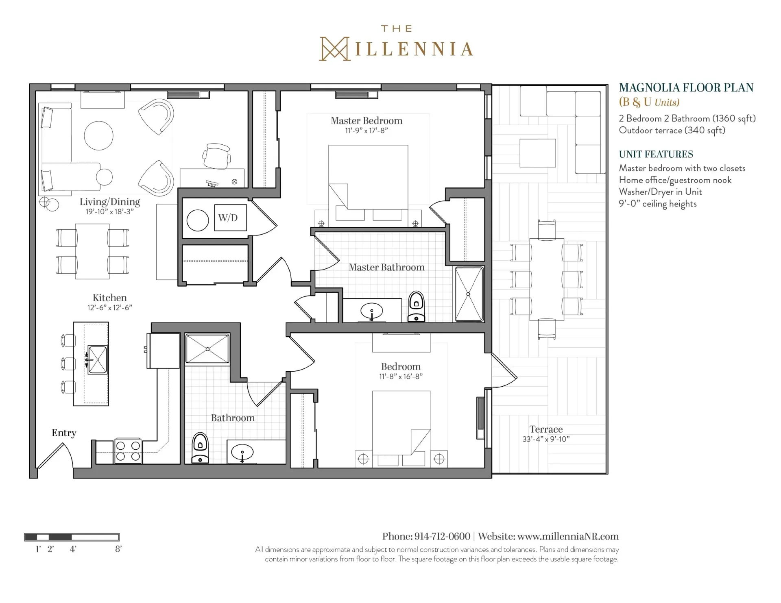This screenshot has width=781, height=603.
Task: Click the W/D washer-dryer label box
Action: (230, 218)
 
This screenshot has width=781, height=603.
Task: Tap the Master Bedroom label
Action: (367, 121)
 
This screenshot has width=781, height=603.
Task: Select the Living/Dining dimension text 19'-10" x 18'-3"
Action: (109, 212)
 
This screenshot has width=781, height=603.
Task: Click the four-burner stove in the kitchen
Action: (128, 451)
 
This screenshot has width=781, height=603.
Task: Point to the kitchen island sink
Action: (98, 360)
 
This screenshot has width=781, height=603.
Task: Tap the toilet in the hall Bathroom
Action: (200, 448)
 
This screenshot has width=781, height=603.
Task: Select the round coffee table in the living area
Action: (98, 135)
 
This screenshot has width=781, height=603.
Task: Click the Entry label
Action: (64, 433)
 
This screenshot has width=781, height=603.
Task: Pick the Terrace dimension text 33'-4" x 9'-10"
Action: (546, 439)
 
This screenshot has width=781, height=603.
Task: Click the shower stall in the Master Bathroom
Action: (469, 294)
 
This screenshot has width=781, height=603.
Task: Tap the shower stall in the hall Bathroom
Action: (207, 348)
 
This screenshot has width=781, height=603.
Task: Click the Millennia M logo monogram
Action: (335, 49)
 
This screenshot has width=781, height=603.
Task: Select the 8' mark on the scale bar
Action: (118, 549)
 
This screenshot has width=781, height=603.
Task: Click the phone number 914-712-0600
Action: (442, 536)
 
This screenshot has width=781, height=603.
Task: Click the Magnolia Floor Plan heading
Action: (686, 88)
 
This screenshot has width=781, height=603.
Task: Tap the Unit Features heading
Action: (656, 155)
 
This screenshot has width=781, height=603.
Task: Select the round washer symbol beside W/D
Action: (198, 220)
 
